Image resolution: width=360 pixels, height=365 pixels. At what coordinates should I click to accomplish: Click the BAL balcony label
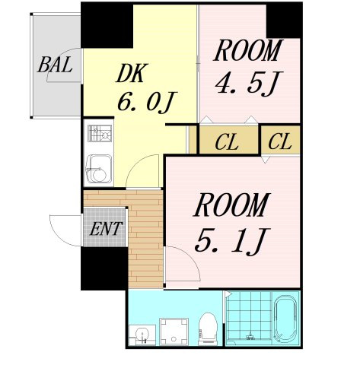[x=56, y=65]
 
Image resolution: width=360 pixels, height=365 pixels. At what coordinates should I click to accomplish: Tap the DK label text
[x=132, y=73]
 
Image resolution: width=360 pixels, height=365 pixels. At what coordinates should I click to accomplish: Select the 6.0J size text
[x=146, y=101]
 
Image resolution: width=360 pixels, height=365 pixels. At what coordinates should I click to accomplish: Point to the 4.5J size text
[x=249, y=84]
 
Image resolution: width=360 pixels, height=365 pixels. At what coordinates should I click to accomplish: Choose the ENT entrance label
[x=106, y=229]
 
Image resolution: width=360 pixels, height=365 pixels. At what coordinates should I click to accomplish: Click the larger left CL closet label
[x=227, y=143]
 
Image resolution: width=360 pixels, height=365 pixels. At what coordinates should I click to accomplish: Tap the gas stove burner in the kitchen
[x=100, y=133]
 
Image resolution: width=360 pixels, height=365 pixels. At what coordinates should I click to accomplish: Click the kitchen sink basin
[x=99, y=169]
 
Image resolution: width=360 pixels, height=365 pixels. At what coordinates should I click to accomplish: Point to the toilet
[x=208, y=329]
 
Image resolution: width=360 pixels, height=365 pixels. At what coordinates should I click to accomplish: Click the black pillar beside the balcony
[x=107, y=25]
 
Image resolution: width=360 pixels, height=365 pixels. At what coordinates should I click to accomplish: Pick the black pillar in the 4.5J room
[x=284, y=21]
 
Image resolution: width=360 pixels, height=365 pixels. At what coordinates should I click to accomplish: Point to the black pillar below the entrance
[x=104, y=268]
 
